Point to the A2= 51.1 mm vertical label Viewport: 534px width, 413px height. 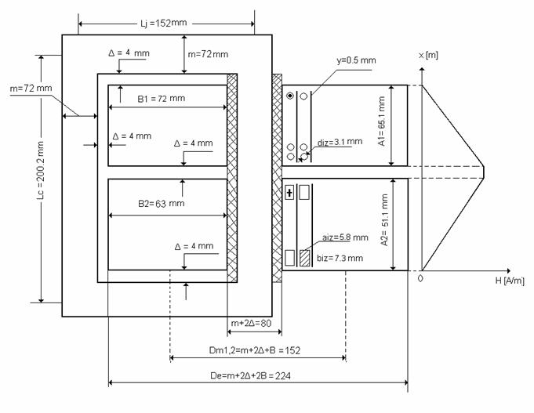382,226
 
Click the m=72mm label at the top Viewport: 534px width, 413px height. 208,54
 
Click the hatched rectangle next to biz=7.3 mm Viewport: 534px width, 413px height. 305,256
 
